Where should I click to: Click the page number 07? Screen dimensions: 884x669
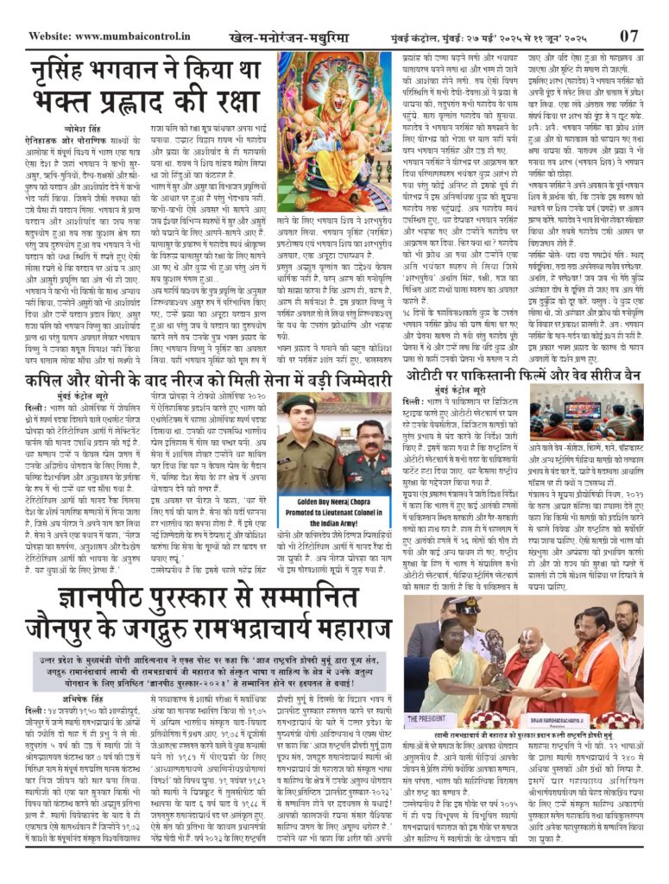[628, 36]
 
